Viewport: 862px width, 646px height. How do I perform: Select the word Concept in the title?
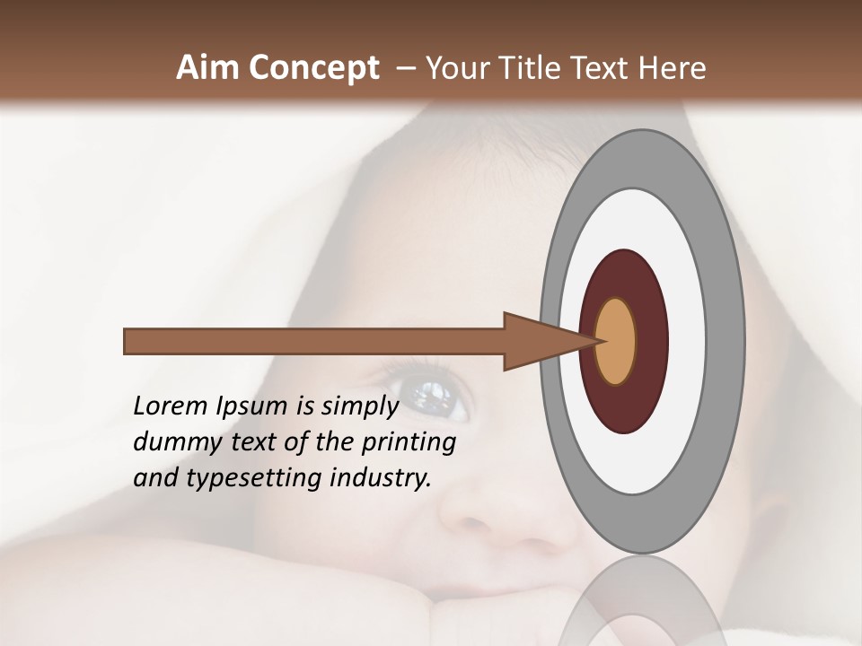[x=314, y=67]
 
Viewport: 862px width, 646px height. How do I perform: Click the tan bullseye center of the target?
[x=616, y=341]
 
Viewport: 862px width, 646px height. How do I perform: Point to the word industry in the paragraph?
[x=381, y=478]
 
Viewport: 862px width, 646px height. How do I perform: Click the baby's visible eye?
[x=429, y=395]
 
